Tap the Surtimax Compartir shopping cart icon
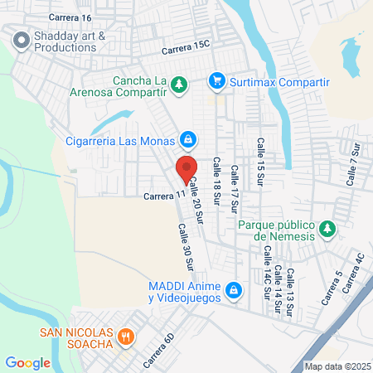coord(217,80)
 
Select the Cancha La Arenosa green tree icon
coord(178,84)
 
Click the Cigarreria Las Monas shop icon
coord(189,138)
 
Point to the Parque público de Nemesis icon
coord(327,228)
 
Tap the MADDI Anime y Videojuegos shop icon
coord(234,289)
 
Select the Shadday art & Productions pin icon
coord(20,38)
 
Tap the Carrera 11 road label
coord(162,196)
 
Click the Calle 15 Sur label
coord(259,157)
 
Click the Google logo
coord(28,362)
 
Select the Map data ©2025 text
coord(337,366)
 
